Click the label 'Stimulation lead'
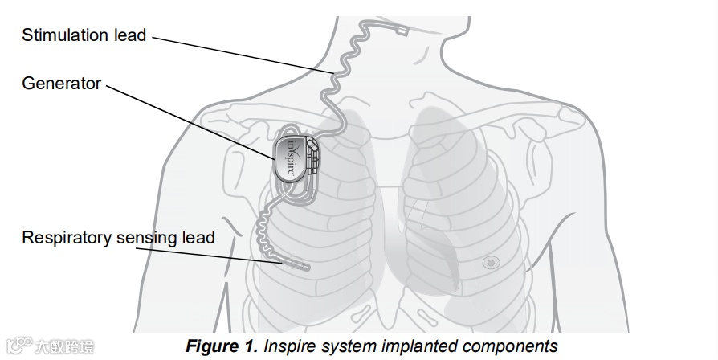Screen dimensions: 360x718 pos(84,35)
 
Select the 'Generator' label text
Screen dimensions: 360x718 pos(61,83)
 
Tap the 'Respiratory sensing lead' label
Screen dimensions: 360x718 pos(118,237)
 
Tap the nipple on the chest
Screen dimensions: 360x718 pos(491,262)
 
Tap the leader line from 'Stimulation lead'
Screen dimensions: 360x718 pos(241,54)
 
